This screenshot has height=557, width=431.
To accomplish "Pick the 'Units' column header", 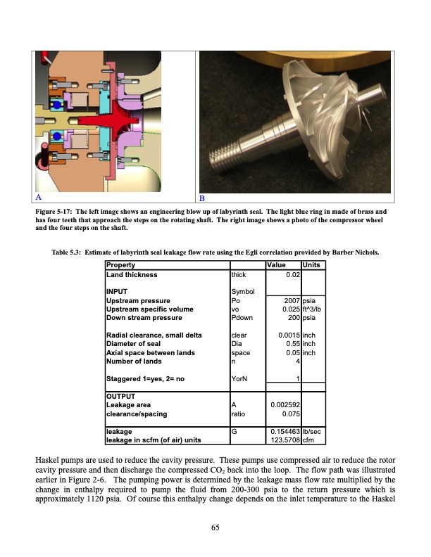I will coord(311,264).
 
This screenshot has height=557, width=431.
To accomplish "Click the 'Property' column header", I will coord(121,264).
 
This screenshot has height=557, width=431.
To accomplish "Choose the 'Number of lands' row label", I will coord(133,361).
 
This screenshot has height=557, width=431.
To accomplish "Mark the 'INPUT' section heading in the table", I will coord(116,293).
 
